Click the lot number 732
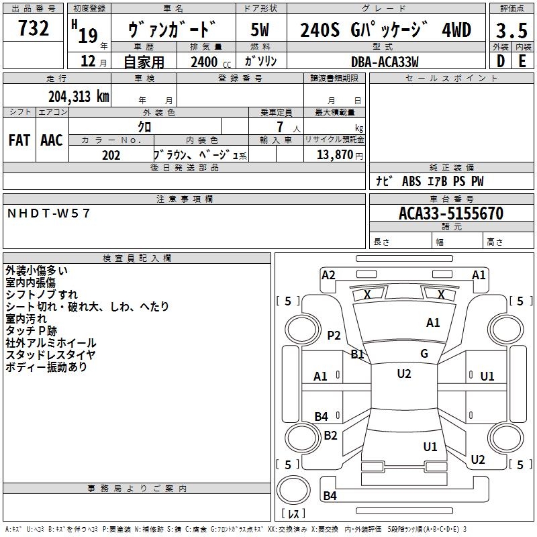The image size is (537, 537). coord(33,28)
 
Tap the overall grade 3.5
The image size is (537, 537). coord(511,30)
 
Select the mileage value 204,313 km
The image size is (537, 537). coord(79,97)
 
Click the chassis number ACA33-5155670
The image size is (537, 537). coord(451,213)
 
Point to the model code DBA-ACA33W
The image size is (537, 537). coord(385,62)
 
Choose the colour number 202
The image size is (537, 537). coord(111,155)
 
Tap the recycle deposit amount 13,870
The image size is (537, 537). coord(335,155)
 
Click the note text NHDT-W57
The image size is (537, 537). coord(48,213)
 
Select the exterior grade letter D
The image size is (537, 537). coord(500,61)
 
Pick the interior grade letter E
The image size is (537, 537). coord(522,61)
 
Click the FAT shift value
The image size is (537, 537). coord(19,140)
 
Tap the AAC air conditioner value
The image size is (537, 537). coord(52,140)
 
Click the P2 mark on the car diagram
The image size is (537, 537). coord(334,335)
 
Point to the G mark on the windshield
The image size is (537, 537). coord(424,354)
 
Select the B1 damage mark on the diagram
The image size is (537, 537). coord(358,354)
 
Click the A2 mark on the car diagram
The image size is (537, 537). coord(328,275)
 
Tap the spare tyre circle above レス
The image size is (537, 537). coord(293,490)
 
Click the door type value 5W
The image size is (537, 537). coord(260,30)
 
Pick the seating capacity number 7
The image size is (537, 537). coord(280,127)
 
